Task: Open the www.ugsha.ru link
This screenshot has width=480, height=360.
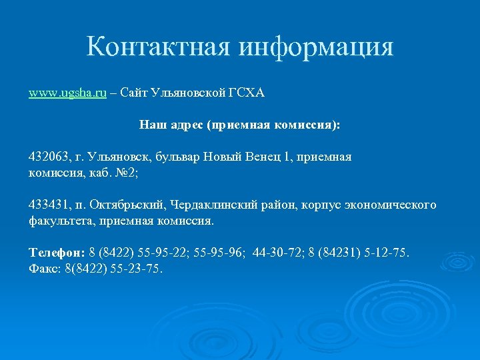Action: click(x=67, y=93)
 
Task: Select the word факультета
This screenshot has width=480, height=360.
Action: click(x=59, y=219)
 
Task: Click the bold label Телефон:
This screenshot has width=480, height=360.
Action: click(x=57, y=253)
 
